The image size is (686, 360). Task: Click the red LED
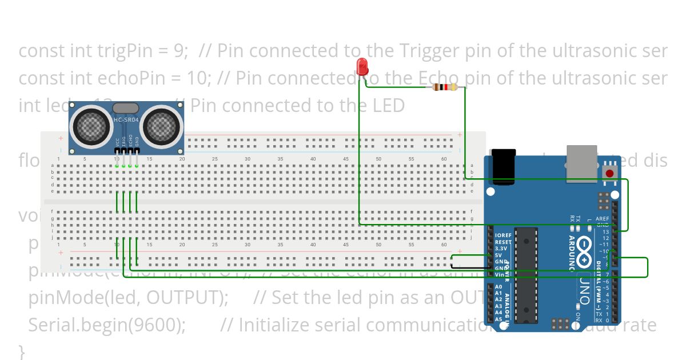pyautogui.click(x=361, y=67)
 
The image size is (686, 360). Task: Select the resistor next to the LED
pyautogui.click(x=445, y=87)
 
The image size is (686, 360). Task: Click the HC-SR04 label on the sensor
pyautogui.click(x=126, y=120)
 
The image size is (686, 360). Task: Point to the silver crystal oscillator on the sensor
pyautogui.click(x=125, y=107)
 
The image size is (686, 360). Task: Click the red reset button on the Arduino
pyautogui.click(x=609, y=173)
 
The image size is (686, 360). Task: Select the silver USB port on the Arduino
pyautogui.click(x=581, y=163)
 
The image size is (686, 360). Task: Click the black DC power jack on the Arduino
pyautogui.click(x=504, y=166)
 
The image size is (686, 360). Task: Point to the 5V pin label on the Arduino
pyautogui.click(x=499, y=255)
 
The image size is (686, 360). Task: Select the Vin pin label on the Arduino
pyautogui.click(x=499, y=275)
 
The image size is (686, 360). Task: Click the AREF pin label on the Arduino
pyautogui.click(x=602, y=218)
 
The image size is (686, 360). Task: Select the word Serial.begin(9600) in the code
pyautogui.click(x=106, y=325)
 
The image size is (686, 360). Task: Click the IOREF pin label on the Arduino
pyautogui.click(x=502, y=235)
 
